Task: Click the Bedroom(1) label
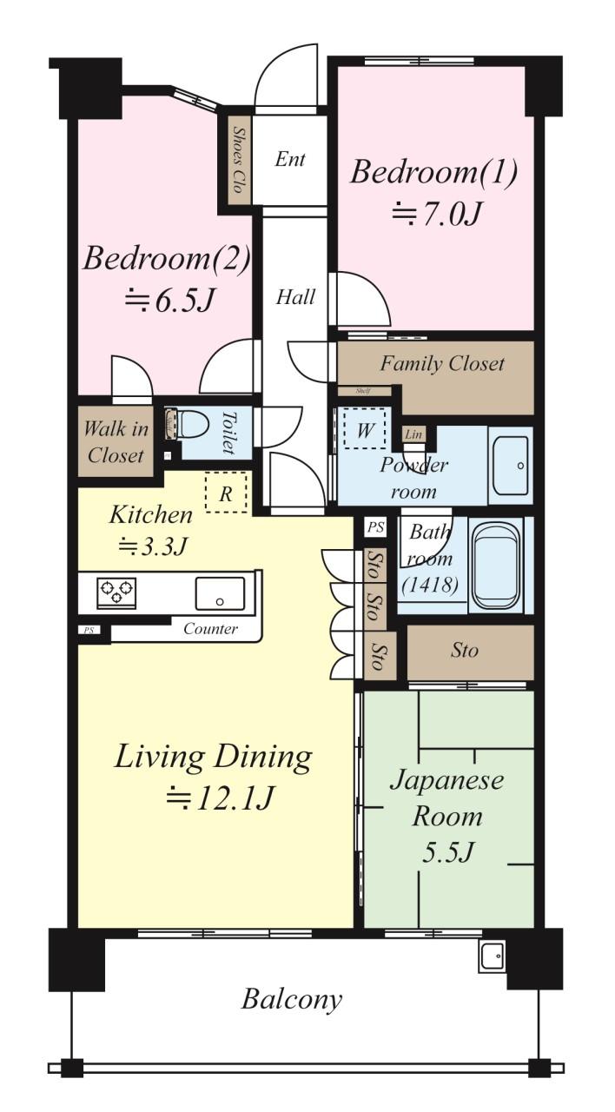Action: pos(434,172)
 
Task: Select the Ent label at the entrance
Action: pos(290,159)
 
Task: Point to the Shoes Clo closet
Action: pos(240,161)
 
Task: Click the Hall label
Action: pos(295,297)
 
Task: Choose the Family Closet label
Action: pos(442,363)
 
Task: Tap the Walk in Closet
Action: pos(116,441)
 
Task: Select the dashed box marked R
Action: pos(226,492)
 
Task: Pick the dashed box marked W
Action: pos(365,429)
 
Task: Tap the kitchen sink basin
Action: pos(220,593)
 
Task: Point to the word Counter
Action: pos(210,629)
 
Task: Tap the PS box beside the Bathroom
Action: pos(376,527)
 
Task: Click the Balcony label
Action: pos(292,998)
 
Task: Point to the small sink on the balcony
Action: pos(493,956)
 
